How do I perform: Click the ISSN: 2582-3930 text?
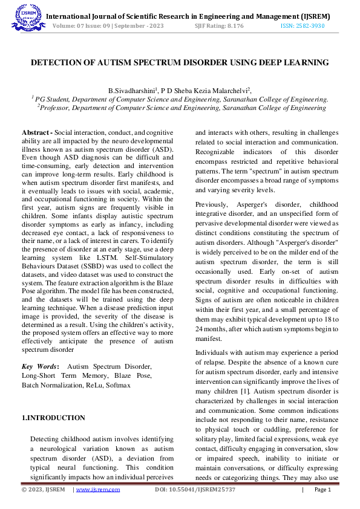tap(305, 27)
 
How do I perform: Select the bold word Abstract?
tap(36, 132)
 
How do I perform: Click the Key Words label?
tap(40, 366)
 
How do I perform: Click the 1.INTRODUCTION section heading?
tap(54, 418)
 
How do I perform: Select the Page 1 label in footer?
tap(322, 490)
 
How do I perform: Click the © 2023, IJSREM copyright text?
tap(44, 490)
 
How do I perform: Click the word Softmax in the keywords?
tap(119, 384)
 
